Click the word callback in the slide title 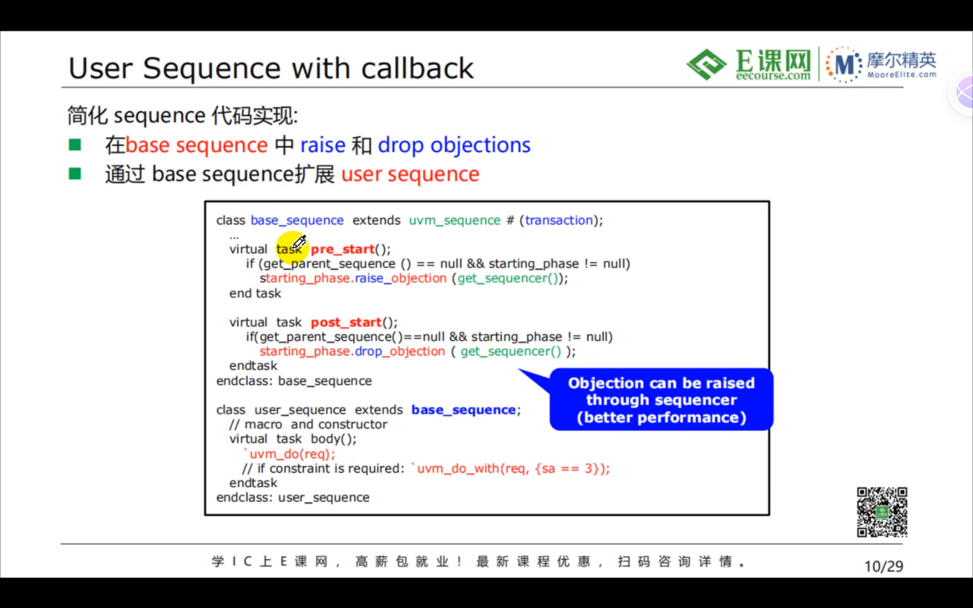click(x=417, y=68)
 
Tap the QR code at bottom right click(x=882, y=512)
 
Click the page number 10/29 click(x=883, y=566)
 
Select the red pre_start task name click(x=342, y=249)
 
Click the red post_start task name click(x=346, y=322)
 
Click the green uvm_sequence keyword click(x=454, y=220)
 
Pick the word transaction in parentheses click(x=559, y=220)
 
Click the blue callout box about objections click(x=661, y=400)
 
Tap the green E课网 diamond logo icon click(x=707, y=64)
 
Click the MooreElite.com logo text click(x=902, y=74)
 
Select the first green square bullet click(x=75, y=145)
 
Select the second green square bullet click(x=75, y=174)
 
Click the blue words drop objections click(x=454, y=145)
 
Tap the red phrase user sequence click(x=410, y=174)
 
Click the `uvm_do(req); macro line click(x=290, y=454)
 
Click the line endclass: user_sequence click(x=293, y=497)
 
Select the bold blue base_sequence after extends click(x=463, y=410)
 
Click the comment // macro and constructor click(x=308, y=424)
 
